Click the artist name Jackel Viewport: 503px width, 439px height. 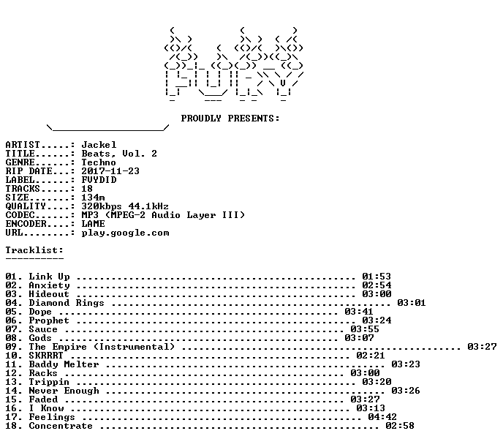[99, 145]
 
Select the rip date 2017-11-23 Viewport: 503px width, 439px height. [110, 171]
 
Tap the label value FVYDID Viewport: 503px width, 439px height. [99, 180]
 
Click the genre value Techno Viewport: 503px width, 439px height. [99, 162]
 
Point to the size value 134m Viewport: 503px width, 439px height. [93, 198]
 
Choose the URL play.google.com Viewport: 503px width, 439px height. [125, 233]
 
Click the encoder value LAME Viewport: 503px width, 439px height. [93, 224]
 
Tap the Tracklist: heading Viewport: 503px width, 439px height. [34, 250]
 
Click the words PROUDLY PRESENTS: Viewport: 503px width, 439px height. [230, 119]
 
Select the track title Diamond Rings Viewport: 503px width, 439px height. [67, 303]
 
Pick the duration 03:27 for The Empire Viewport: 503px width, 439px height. [482, 347]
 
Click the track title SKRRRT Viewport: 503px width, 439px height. [46, 356]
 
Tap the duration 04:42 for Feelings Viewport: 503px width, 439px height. [382, 417]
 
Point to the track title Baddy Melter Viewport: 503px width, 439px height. [64, 364]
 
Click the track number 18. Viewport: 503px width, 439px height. [11, 426]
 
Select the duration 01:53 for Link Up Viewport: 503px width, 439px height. [377, 277]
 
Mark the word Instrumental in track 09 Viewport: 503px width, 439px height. [134, 347]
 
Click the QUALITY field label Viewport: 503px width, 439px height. [26, 206]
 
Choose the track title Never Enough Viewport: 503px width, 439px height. [64, 391]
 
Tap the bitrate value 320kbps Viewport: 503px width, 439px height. [102, 206]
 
